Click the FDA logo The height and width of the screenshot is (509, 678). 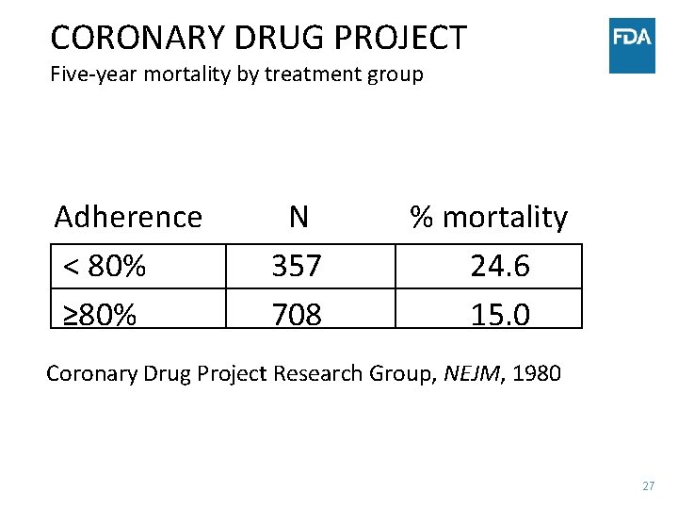[x=632, y=45]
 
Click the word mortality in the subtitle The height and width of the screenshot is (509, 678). [x=180, y=74]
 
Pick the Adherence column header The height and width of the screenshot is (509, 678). [x=128, y=217]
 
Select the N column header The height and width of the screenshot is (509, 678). [x=298, y=217]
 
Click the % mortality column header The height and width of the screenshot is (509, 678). [x=489, y=217]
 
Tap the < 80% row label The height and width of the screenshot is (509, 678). [x=105, y=267]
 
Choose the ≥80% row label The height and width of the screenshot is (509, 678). [x=100, y=314]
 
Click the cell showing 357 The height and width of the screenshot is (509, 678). [x=297, y=267]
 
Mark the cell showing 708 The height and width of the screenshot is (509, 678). [x=297, y=314]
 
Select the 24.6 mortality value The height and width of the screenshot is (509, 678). [x=500, y=267]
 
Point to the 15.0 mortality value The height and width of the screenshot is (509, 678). [x=500, y=314]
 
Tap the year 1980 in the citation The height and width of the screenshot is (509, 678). [x=538, y=373]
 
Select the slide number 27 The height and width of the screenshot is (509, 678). [x=648, y=486]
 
